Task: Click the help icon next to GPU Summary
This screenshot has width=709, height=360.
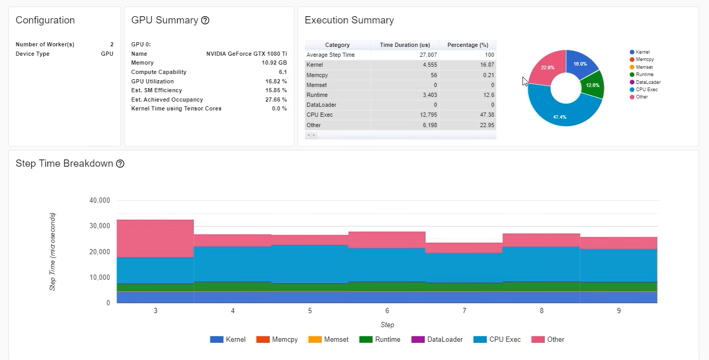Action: [205, 20]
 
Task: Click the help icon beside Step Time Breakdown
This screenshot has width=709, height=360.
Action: [120, 164]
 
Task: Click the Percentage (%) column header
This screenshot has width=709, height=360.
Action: [467, 45]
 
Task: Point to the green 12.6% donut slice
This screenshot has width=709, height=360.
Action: [592, 85]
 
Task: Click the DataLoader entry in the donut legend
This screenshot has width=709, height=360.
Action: [648, 82]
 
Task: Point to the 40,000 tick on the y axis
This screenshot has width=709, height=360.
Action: [99, 201]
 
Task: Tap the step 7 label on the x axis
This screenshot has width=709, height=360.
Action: [464, 311]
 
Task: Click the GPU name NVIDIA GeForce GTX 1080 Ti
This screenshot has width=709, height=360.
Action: [246, 54]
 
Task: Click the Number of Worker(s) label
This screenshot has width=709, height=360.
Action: [45, 44]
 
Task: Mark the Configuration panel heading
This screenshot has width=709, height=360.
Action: [45, 20]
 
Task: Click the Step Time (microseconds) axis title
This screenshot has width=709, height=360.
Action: [53, 251]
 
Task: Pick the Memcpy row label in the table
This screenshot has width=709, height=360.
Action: [317, 75]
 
